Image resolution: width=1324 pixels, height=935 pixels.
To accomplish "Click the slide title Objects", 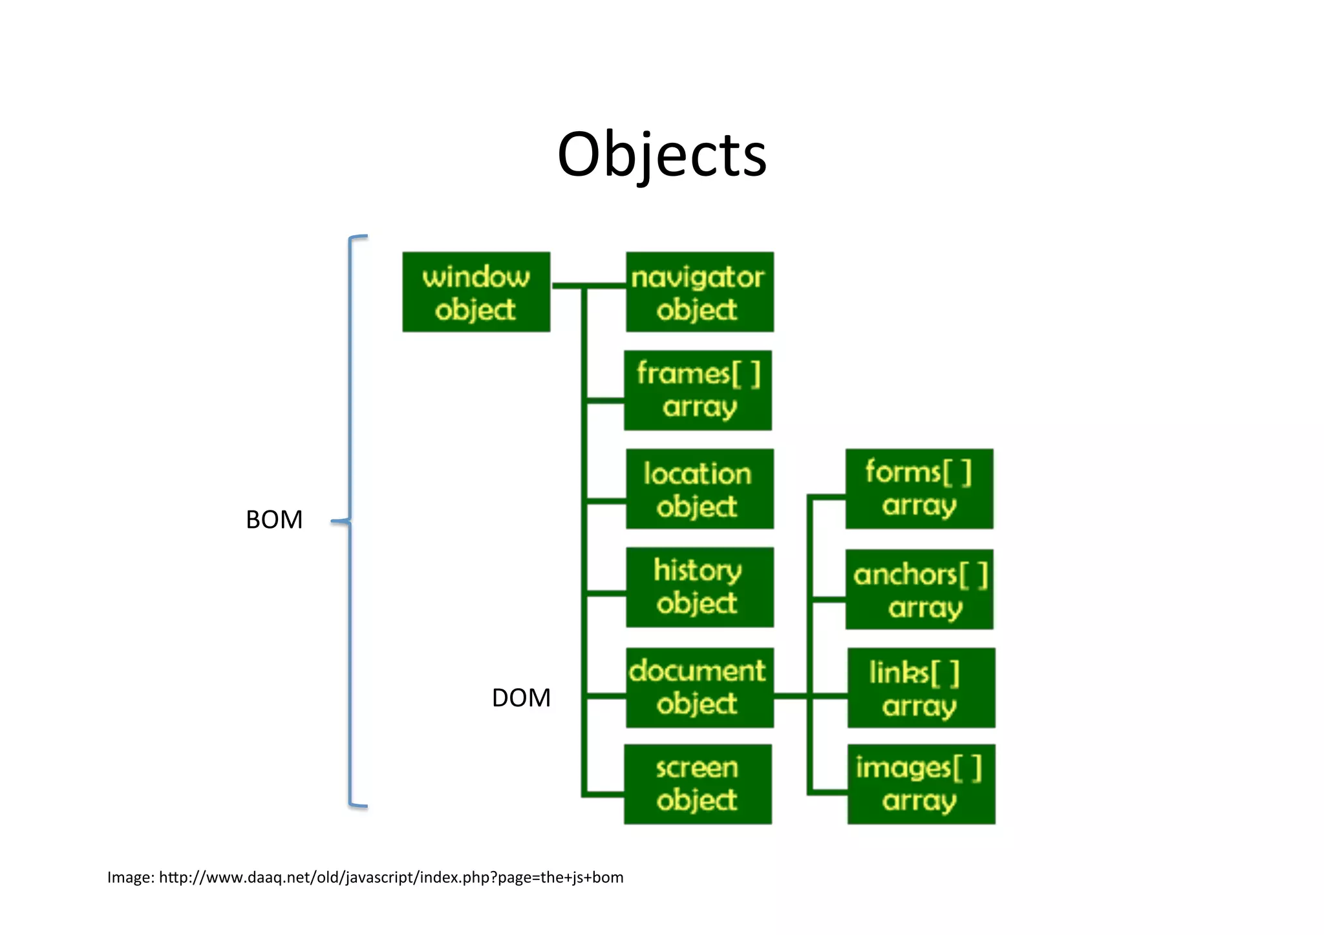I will (x=661, y=155).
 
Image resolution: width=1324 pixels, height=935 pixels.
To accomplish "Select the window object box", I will (x=476, y=292).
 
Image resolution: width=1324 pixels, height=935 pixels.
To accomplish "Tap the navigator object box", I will (x=699, y=292).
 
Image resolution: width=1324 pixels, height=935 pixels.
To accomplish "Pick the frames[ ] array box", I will (x=698, y=390).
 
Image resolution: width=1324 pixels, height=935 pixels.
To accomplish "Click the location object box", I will (x=699, y=489).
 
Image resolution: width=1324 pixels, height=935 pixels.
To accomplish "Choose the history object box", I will (x=699, y=587).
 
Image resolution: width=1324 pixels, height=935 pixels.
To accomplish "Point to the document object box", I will (x=699, y=688).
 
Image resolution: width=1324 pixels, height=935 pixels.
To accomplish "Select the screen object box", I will (x=698, y=784).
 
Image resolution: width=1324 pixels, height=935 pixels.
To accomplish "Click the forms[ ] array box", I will (x=919, y=489).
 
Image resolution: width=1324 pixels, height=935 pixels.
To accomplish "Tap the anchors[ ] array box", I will (x=919, y=589).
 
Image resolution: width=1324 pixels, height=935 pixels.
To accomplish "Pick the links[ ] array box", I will (x=921, y=688).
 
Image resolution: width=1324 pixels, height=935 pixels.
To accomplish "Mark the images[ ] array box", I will (x=921, y=784).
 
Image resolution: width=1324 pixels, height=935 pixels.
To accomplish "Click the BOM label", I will (x=274, y=520).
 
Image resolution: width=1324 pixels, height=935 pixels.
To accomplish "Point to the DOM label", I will (x=521, y=698).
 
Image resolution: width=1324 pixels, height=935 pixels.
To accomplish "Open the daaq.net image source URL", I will (x=391, y=877).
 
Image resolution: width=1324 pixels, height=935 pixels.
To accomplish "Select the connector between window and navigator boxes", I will (x=588, y=285).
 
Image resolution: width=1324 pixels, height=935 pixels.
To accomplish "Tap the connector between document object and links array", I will (x=810, y=696).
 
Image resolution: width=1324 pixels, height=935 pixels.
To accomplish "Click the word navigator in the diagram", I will (x=698, y=278).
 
